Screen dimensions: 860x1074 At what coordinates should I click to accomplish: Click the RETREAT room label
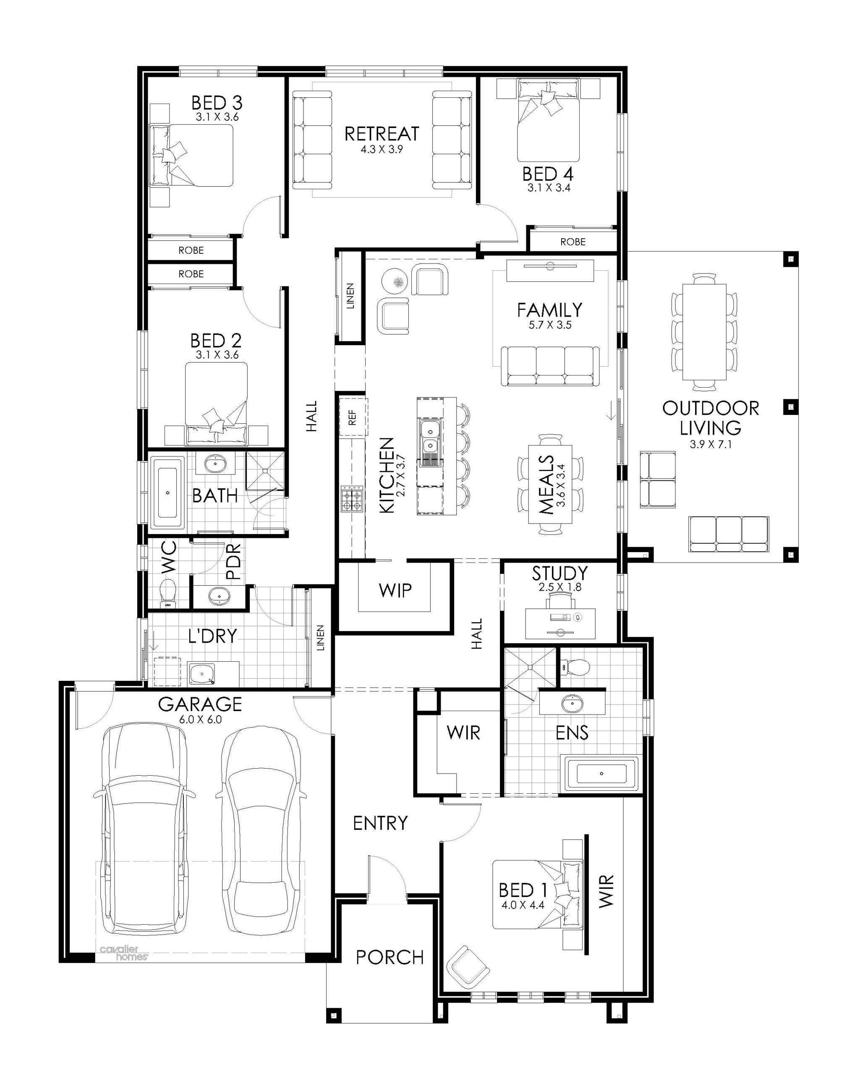click(382, 133)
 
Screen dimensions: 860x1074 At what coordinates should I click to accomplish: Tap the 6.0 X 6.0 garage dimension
click(200, 719)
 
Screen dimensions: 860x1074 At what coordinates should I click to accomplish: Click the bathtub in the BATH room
click(167, 493)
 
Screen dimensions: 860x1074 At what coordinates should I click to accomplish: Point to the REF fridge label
click(352, 417)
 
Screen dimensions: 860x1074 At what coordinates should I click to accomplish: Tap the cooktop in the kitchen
click(351, 499)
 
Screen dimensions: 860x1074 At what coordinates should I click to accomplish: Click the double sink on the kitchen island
click(429, 437)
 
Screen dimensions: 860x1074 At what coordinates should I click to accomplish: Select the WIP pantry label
click(395, 590)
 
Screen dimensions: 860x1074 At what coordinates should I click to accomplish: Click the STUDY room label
click(559, 573)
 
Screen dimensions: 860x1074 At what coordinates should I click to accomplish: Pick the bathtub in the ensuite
click(601, 774)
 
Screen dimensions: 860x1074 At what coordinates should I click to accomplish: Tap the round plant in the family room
click(395, 282)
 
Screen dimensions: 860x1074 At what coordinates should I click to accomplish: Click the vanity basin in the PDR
click(218, 595)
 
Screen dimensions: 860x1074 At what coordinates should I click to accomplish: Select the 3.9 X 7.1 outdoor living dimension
click(711, 444)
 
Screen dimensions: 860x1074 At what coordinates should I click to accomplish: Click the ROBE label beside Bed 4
click(573, 242)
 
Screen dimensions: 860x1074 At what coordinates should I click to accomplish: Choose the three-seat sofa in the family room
click(550, 366)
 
